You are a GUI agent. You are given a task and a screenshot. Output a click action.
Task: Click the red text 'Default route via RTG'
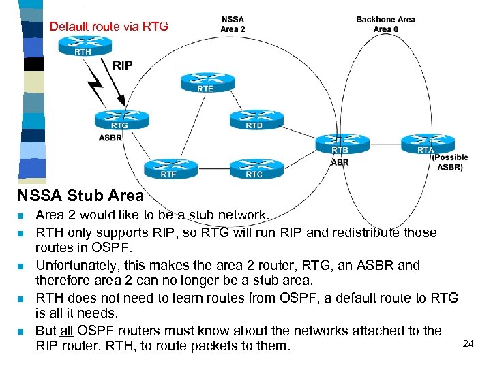pyautogui.click(x=108, y=27)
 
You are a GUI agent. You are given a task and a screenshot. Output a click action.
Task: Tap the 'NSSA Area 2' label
pyautogui.click(x=233, y=24)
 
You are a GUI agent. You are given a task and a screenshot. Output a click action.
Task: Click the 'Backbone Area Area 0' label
pyautogui.click(x=385, y=24)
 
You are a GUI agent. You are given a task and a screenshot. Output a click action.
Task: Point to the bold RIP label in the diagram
pyautogui.click(x=123, y=65)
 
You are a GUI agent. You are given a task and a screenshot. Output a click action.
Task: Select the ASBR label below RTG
pyautogui.click(x=110, y=138)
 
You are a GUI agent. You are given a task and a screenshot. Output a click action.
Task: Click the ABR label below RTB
pyautogui.click(x=340, y=162)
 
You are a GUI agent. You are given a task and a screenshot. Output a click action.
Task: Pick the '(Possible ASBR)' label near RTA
pyautogui.click(x=450, y=162)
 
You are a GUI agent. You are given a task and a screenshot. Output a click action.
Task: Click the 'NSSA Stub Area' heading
pyautogui.click(x=80, y=196)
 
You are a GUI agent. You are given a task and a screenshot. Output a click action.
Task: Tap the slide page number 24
pyautogui.click(x=468, y=343)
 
